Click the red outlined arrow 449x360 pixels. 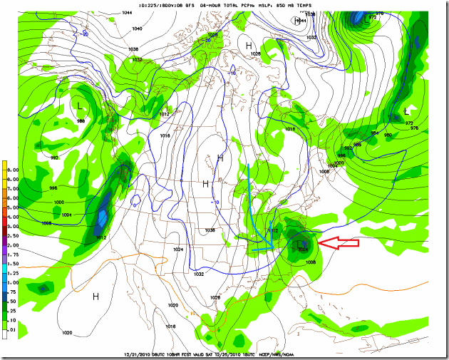339,244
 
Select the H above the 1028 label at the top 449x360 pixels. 249,46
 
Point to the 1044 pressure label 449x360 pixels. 126,13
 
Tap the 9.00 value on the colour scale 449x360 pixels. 14,170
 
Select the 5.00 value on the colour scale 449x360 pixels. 14,207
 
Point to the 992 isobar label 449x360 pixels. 53,157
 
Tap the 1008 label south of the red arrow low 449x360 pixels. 311,262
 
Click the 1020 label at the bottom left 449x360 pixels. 68,332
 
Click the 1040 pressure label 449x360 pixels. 137,29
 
